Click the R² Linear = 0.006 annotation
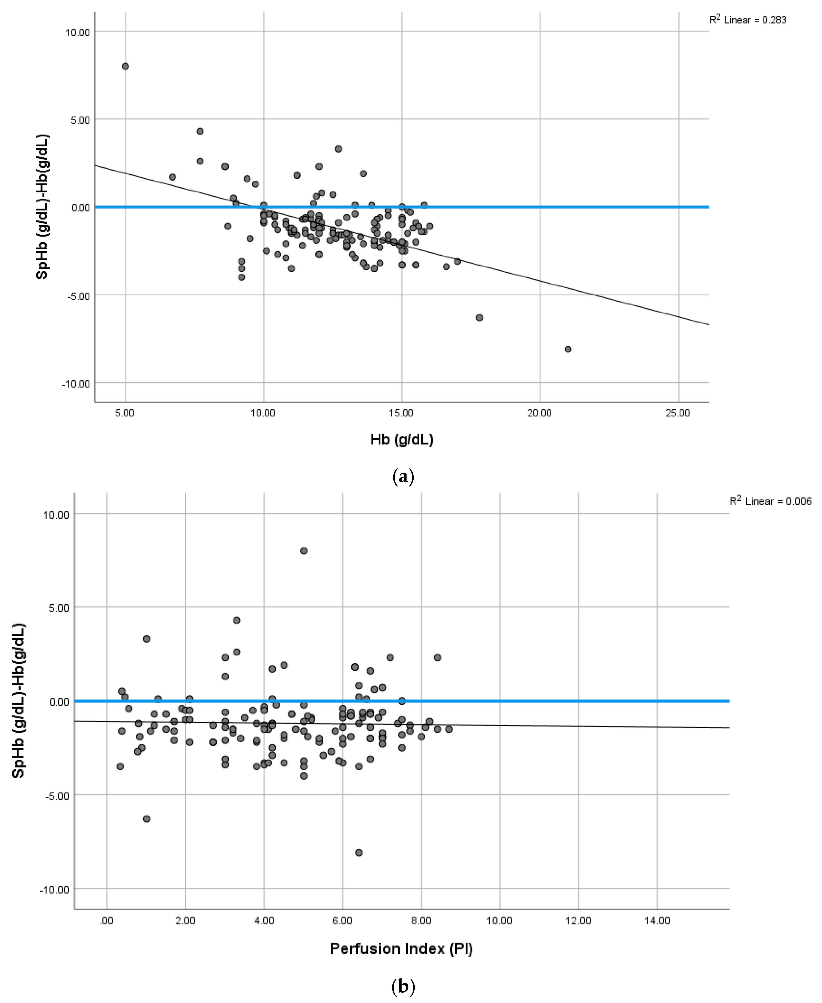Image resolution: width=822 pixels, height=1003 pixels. (x=770, y=501)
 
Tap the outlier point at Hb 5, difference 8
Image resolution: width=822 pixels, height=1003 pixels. (x=125, y=66)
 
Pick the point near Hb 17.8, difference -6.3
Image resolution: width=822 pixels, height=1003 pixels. (x=479, y=317)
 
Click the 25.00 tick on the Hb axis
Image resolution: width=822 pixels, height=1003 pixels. (x=678, y=413)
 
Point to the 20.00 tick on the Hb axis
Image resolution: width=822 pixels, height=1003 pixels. (x=539, y=413)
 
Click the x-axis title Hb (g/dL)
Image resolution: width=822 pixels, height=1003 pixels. (x=402, y=440)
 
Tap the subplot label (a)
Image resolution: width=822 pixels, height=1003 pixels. (x=403, y=476)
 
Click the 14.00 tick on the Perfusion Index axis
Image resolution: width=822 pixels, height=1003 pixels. (x=657, y=921)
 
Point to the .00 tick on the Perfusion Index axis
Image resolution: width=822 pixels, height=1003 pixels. (x=107, y=921)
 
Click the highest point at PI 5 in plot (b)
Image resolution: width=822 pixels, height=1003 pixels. (x=304, y=551)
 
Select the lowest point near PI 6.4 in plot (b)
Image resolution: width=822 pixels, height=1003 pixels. (x=358, y=853)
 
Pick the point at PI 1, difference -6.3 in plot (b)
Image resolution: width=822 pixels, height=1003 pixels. (x=146, y=819)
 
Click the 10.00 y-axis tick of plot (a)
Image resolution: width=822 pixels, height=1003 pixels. (x=77, y=32)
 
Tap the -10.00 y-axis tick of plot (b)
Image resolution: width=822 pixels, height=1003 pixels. (x=54, y=889)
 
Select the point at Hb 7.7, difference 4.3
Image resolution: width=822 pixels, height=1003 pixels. (x=200, y=131)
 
